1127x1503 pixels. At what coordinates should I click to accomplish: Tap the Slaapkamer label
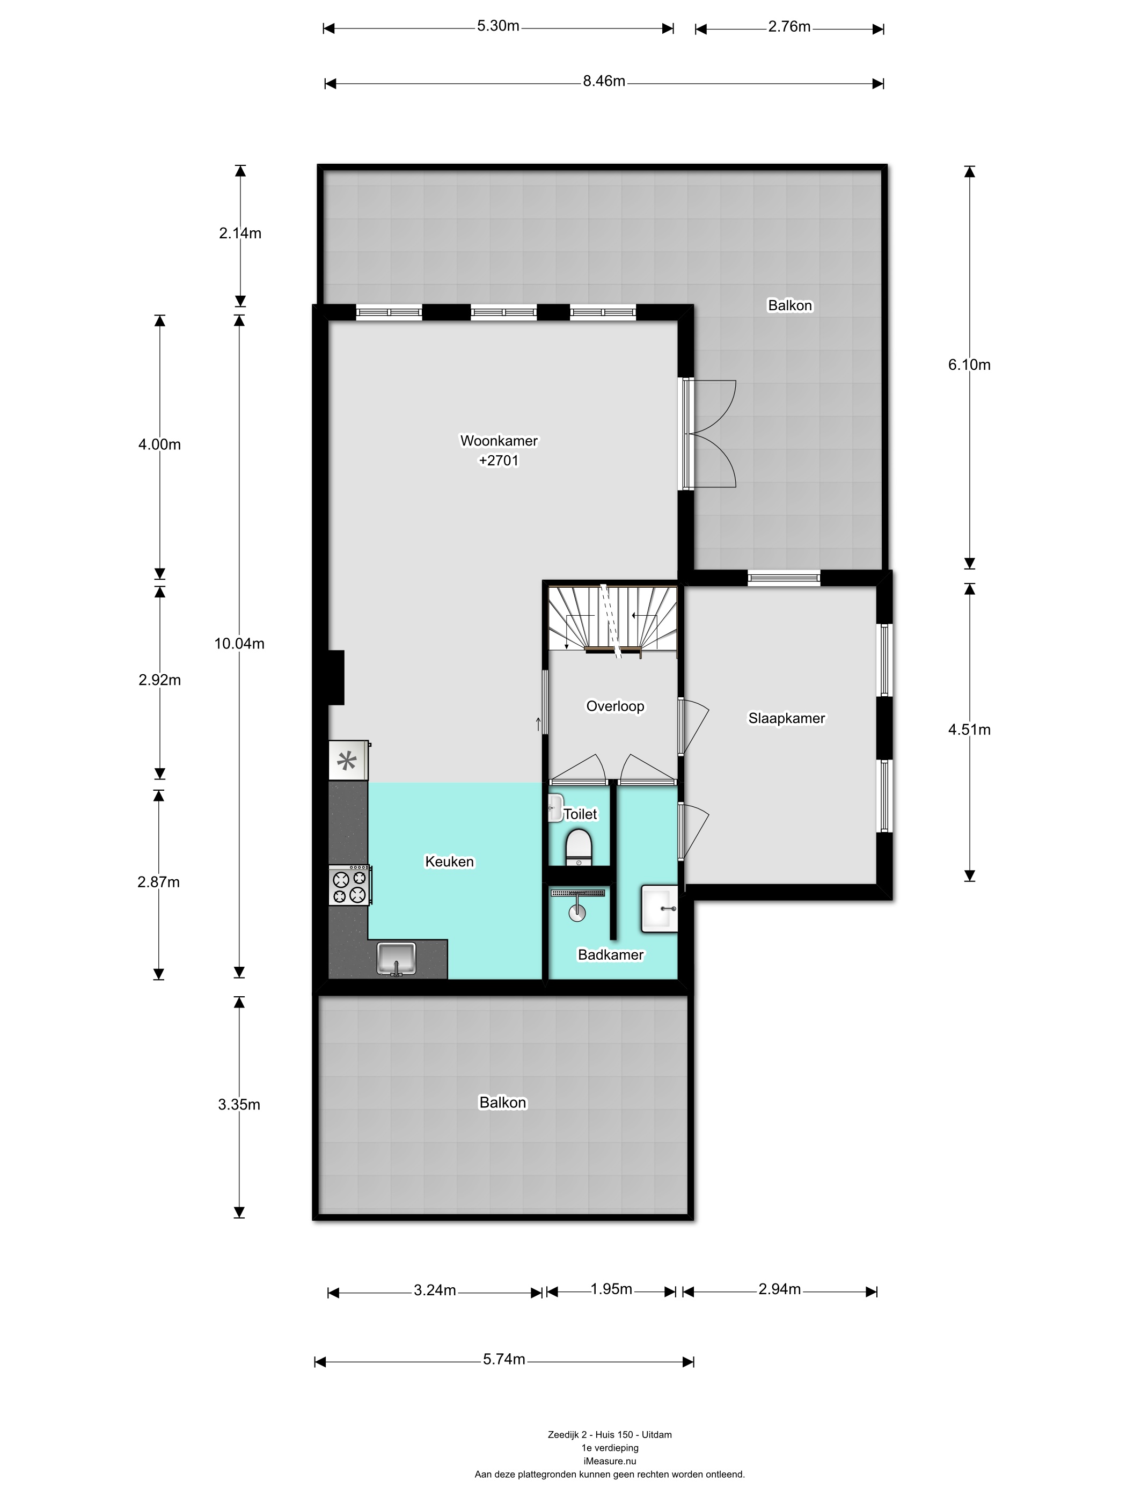pos(787,718)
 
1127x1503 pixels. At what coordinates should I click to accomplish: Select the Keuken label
pos(449,862)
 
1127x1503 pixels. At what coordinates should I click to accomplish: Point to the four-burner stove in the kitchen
pos(349,885)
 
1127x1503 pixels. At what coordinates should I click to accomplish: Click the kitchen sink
pos(396,959)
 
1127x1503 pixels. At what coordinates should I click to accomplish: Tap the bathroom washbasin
pos(659,908)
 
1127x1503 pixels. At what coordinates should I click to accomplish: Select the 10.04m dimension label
pos(239,644)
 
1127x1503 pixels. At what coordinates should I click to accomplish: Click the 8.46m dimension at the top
pos(604,82)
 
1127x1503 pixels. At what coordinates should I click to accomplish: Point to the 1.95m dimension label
pos(611,1289)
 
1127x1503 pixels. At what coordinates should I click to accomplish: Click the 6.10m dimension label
pos(969,365)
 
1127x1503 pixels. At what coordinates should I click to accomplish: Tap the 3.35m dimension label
pos(239,1104)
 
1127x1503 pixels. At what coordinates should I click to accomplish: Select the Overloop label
pos(615,706)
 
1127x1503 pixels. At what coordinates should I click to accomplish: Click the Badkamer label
pos(611,954)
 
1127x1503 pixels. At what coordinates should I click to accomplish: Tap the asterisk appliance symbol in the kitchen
pos(347,761)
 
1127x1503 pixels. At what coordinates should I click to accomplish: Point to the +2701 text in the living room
pos(499,461)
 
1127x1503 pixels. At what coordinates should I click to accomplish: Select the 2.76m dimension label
pos(789,26)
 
